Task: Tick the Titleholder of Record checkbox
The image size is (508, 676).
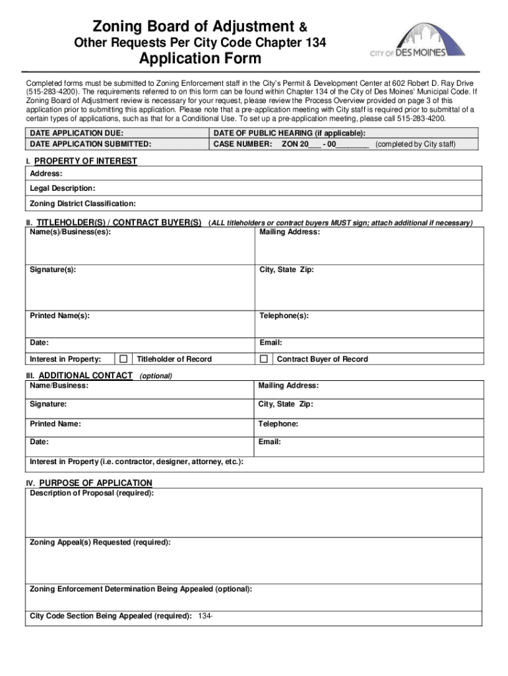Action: click(x=123, y=359)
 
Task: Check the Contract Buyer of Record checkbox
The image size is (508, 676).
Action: click(x=264, y=359)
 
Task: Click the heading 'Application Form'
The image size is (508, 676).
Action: click(x=199, y=59)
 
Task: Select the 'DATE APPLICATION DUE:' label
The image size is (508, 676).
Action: click(x=77, y=133)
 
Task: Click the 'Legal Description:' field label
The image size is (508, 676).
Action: click(x=63, y=188)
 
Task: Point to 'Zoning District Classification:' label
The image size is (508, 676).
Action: click(x=83, y=203)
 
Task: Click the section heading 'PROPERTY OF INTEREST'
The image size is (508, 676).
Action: click(x=86, y=161)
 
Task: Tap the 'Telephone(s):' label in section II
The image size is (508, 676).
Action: click(x=284, y=316)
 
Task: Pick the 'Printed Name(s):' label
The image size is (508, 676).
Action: click(x=60, y=316)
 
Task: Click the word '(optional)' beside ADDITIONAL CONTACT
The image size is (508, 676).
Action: click(x=156, y=376)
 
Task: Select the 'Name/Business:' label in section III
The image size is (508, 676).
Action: click(x=59, y=386)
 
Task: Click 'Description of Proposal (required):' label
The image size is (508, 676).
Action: click(x=92, y=493)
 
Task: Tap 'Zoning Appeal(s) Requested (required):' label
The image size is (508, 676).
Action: click(x=100, y=542)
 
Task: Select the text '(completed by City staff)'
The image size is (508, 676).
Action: click(x=415, y=143)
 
